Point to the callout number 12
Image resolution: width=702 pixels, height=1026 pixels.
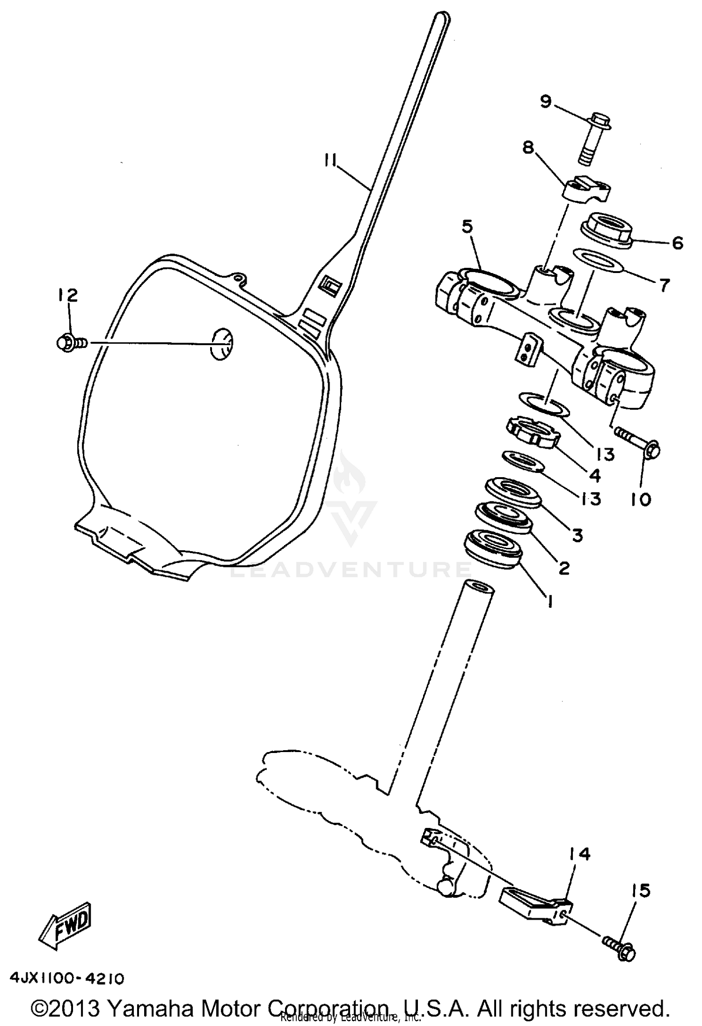pyautogui.click(x=68, y=295)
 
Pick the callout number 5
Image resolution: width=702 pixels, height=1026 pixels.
pyautogui.click(x=467, y=227)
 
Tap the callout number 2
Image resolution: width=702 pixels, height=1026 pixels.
pyautogui.click(x=564, y=568)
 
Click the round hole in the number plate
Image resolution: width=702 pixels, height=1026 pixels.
pyautogui.click(x=222, y=344)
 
